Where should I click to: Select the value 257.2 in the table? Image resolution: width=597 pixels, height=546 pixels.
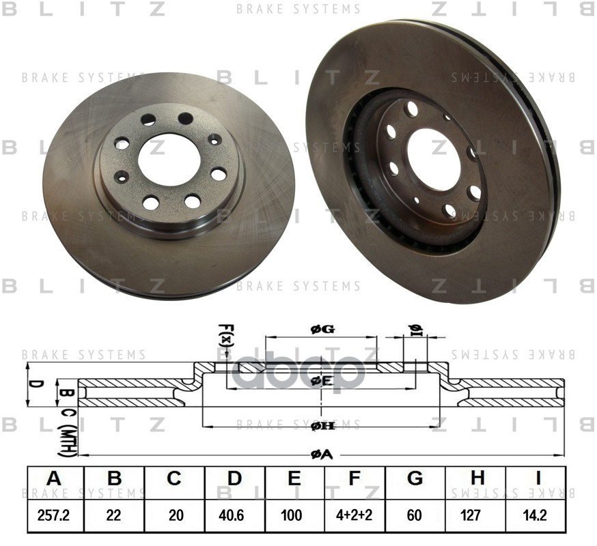pyautogui.click(x=55, y=515)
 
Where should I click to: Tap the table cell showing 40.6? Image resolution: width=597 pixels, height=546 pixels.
pyautogui.click(x=234, y=515)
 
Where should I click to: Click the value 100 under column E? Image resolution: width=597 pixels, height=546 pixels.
pyautogui.click(x=294, y=515)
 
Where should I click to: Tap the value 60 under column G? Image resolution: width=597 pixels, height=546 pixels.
pyautogui.click(x=415, y=515)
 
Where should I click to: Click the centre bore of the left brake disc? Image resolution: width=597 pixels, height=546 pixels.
pyautogui.click(x=169, y=158)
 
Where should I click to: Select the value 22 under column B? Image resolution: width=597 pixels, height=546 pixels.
pyautogui.click(x=115, y=515)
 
